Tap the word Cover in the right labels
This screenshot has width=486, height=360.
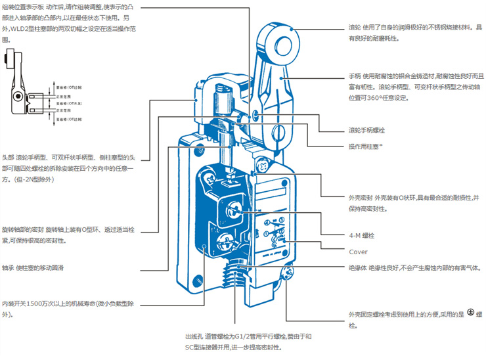click(358, 252)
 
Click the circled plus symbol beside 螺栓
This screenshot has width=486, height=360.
click(470, 314)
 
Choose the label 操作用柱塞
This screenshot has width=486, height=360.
click(366, 145)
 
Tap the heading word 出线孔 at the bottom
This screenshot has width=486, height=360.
click(195, 336)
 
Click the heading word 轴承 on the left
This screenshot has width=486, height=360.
click(8, 268)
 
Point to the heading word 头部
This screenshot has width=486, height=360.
click(8, 158)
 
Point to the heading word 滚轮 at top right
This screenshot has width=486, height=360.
click(355, 28)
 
